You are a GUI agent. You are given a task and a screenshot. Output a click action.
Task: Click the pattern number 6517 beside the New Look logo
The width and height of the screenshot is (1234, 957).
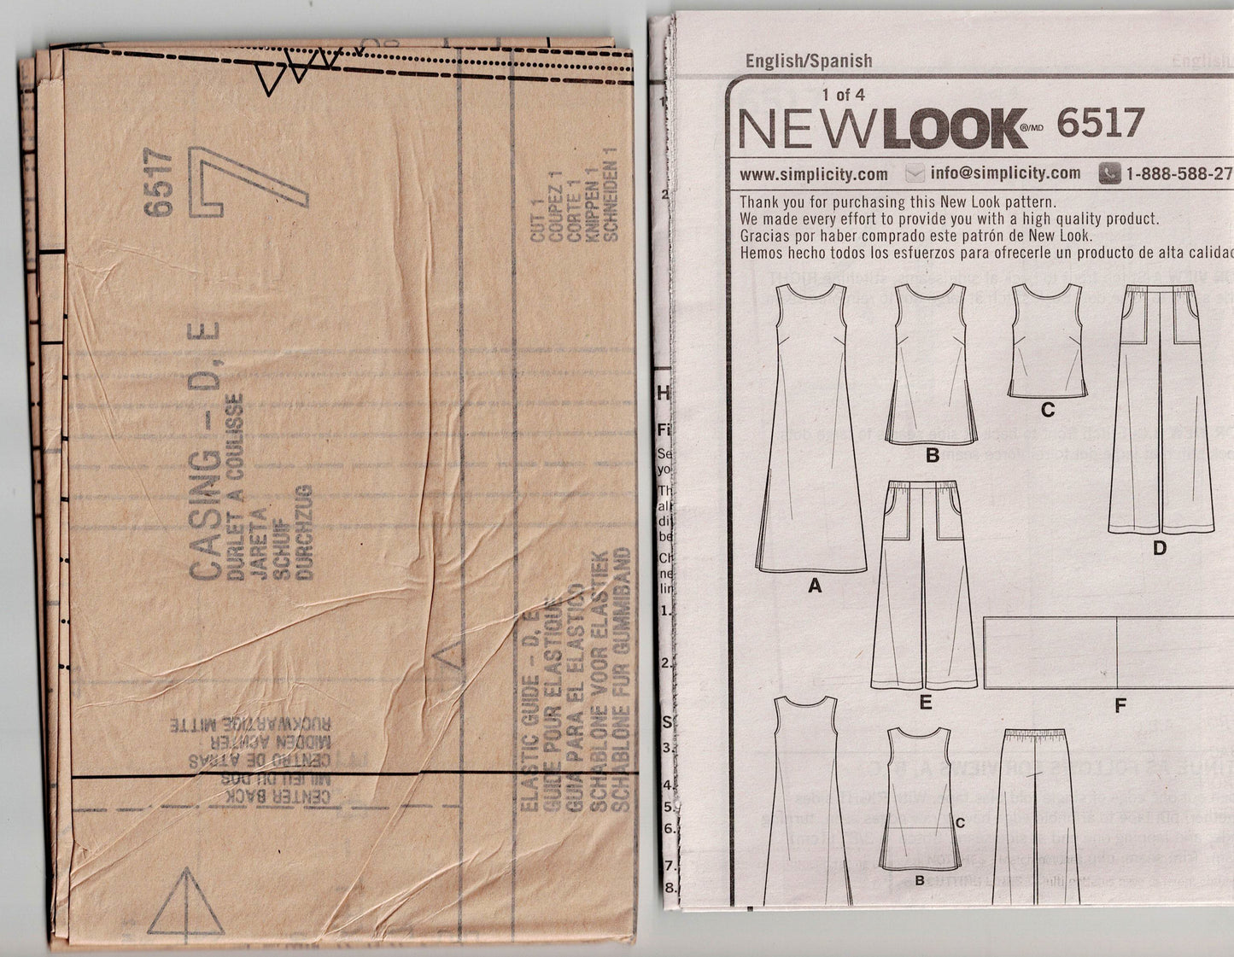point(1100,125)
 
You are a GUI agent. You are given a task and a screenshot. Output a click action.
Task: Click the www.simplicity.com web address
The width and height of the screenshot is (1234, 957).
point(813,174)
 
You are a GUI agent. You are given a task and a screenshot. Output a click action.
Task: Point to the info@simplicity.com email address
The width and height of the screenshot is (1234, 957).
point(1005,173)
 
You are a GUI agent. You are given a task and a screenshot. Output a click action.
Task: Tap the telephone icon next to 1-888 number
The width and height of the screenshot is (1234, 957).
point(1109,173)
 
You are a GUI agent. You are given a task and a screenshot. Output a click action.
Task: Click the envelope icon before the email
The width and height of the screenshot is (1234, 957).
point(915,174)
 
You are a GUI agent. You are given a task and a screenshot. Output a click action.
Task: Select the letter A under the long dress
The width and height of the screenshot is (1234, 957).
point(814,586)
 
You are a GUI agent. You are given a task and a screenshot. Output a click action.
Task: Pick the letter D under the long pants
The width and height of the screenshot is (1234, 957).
point(1159,549)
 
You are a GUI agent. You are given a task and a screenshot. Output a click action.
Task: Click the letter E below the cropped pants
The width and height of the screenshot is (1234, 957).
point(925,704)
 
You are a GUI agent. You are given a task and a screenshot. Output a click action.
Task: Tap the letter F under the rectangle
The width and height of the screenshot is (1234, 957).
point(1120,705)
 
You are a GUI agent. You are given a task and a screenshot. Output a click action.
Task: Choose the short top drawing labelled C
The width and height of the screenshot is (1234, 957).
point(1046,341)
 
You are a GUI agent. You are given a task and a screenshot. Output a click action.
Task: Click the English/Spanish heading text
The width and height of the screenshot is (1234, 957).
point(809,61)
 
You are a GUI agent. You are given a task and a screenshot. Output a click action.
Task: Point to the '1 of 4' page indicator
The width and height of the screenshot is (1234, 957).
point(843,95)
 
